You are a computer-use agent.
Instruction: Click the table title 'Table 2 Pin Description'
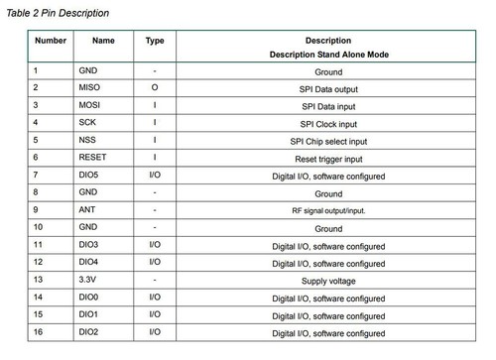(58, 13)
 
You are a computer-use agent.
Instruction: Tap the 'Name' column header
(103, 41)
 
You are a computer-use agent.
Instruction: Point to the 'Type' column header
(155, 41)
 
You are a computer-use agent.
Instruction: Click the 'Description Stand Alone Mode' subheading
(328, 56)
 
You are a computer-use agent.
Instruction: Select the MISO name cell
(90, 88)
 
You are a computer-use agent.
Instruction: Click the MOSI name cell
(90, 105)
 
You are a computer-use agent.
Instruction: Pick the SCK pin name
(88, 123)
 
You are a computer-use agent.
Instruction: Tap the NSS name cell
(88, 140)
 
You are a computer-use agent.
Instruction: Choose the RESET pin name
(93, 158)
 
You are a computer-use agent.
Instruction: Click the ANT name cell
(87, 210)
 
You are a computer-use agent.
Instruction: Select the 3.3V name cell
(88, 281)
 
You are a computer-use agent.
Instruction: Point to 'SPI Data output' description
(328, 88)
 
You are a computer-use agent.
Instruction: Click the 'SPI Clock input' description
(328, 123)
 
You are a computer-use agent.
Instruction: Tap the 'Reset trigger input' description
(328, 158)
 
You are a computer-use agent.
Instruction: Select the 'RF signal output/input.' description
(328, 210)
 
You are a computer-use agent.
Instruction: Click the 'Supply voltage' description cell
(328, 281)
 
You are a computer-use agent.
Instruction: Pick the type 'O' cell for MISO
(155, 88)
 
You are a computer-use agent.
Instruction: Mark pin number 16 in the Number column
(39, 333)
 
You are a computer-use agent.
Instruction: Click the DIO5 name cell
(90, 176)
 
